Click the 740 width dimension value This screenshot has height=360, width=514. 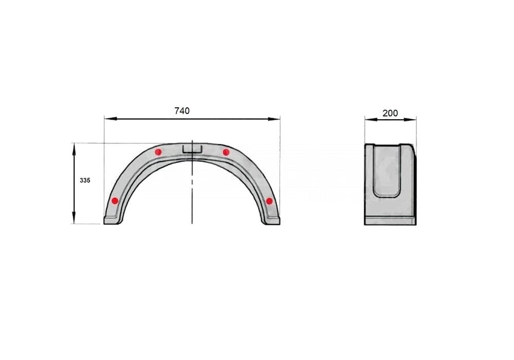(x=182, y=110)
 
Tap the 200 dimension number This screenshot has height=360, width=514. (x=390, y=113)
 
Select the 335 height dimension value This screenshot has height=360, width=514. (x=85, y=181)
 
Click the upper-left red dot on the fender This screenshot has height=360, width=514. (x=158, y=152)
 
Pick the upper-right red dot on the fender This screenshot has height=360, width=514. (x=226, y=152)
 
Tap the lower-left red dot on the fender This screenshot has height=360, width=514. (x=115, y=201)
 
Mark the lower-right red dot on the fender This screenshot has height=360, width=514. (x=269, y=201)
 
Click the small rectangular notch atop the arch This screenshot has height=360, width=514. (x=191, y=149)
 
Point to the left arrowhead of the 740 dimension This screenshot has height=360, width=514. (x=108, y=119)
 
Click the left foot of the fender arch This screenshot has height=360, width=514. (x=112, y=221)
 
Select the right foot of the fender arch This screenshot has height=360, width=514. (x=271, y=221)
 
